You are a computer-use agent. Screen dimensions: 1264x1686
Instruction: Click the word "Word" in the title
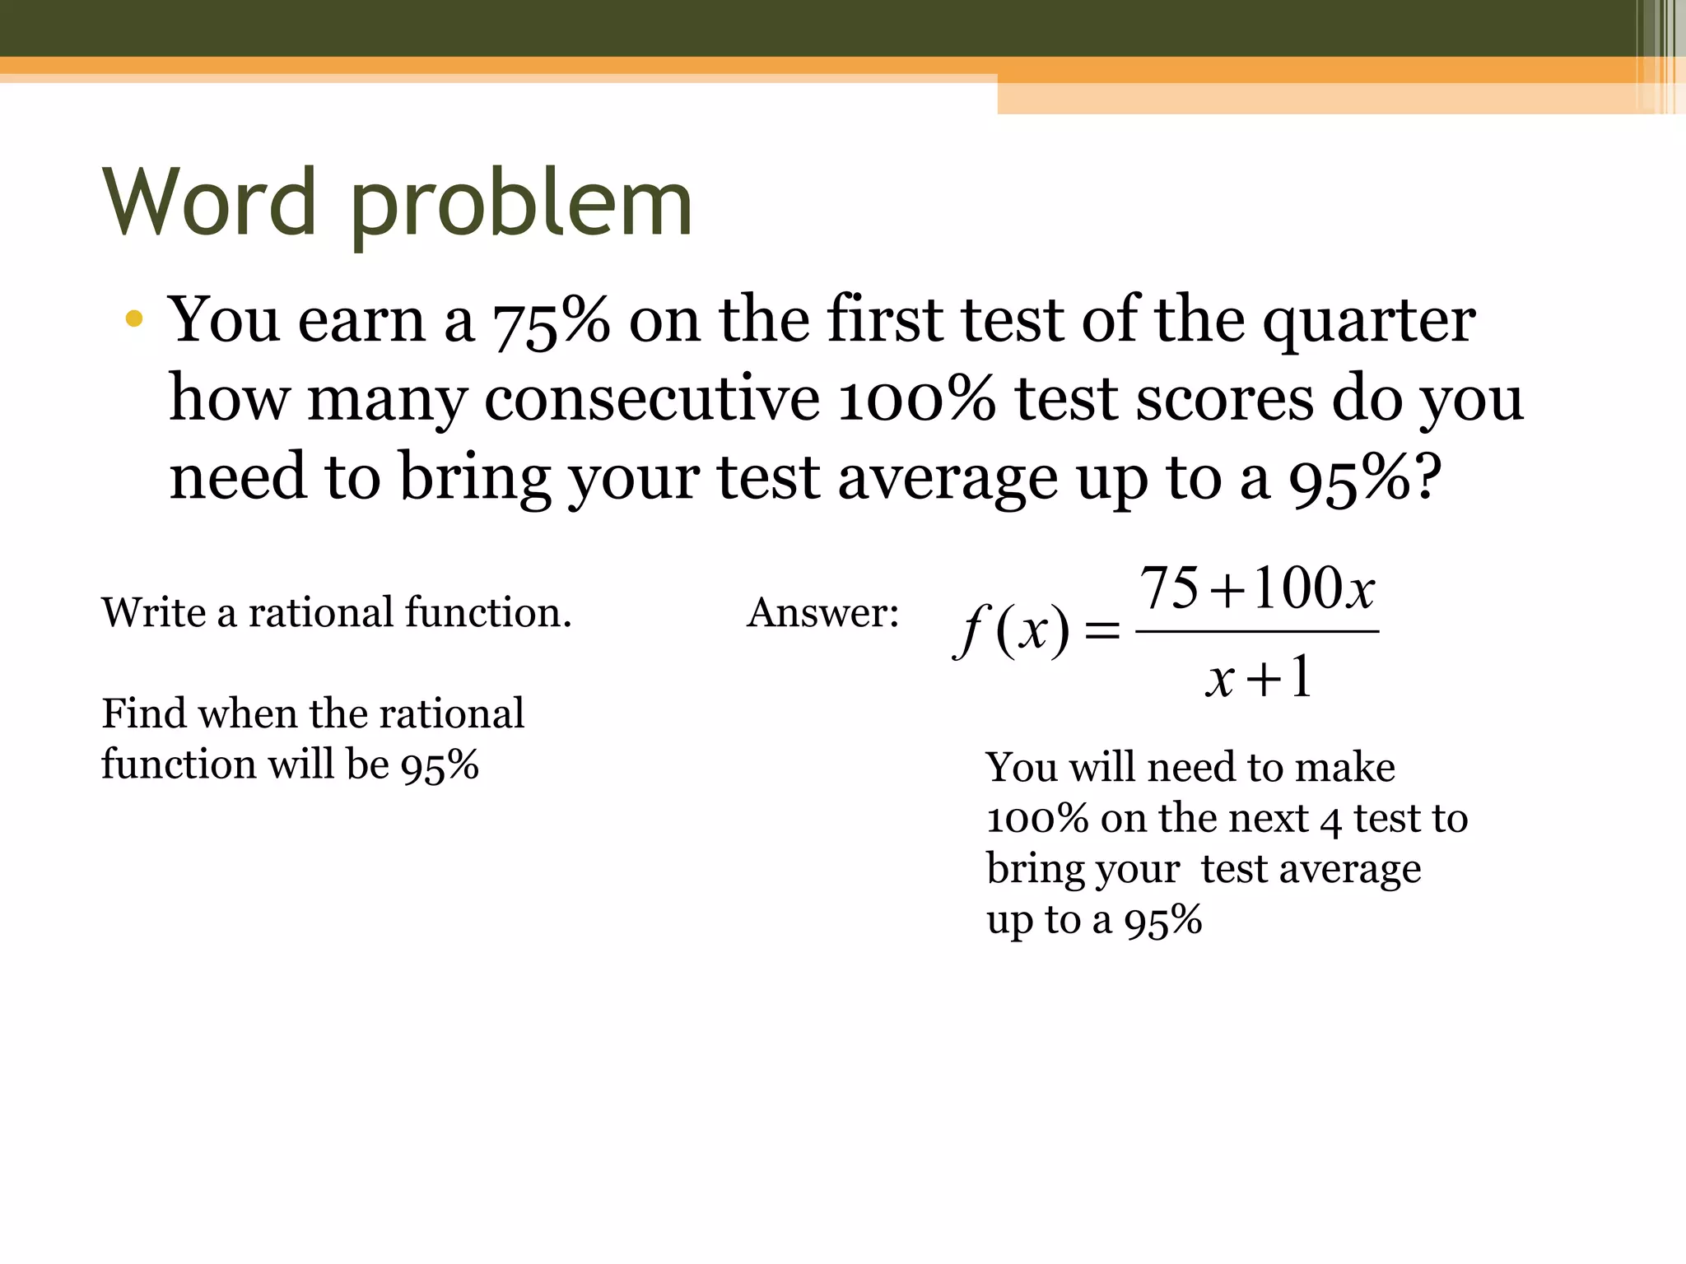(x=210, y=202)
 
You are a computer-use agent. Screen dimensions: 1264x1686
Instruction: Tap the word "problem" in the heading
(x=521, y=206)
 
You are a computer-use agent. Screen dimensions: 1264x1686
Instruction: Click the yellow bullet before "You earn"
(x=134, y=319)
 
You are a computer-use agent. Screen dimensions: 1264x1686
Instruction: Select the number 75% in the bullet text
(x=551, y=321)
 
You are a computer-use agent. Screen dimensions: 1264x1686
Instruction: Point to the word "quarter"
(x=1368, y=323)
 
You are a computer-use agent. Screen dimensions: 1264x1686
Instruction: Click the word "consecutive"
(x=651, y=399)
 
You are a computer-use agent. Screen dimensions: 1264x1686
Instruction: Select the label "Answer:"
(x=822, y=614)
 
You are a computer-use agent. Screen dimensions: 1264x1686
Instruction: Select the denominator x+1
(x=1258, y=679)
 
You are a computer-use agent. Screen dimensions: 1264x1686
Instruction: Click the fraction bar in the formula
(x=1256, y=632)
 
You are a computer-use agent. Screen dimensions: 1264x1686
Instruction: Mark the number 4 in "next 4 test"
(x=1330, y=820)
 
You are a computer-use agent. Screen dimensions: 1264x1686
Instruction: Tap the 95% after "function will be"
(x=440, y=765)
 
